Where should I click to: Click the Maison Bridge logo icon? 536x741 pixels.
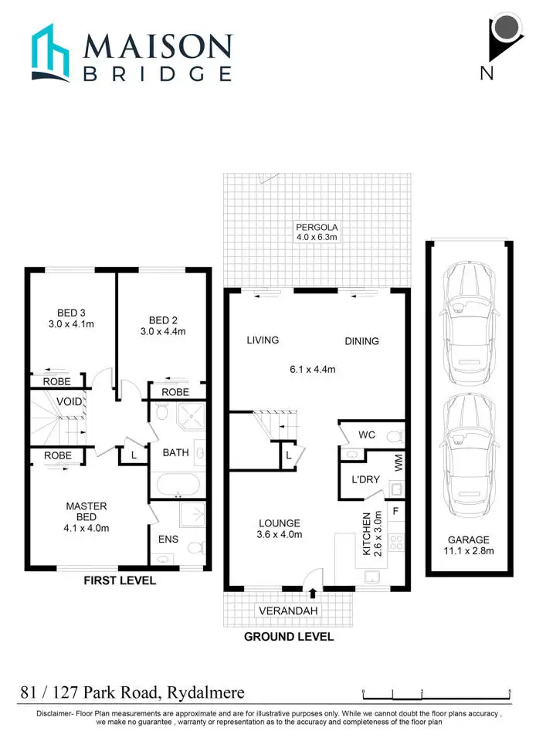52,53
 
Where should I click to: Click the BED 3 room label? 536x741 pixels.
71,319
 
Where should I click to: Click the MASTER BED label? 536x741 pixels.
86,513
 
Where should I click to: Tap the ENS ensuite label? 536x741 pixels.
168,539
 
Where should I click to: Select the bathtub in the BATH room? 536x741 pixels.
178,486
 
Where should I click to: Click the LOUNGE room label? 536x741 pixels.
279,528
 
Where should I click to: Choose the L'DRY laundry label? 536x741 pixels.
366,479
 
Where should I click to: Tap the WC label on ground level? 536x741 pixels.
367,435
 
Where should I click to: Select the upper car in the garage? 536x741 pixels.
466,317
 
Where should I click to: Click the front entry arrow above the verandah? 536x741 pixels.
312,593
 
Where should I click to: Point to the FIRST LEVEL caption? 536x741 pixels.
119,580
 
